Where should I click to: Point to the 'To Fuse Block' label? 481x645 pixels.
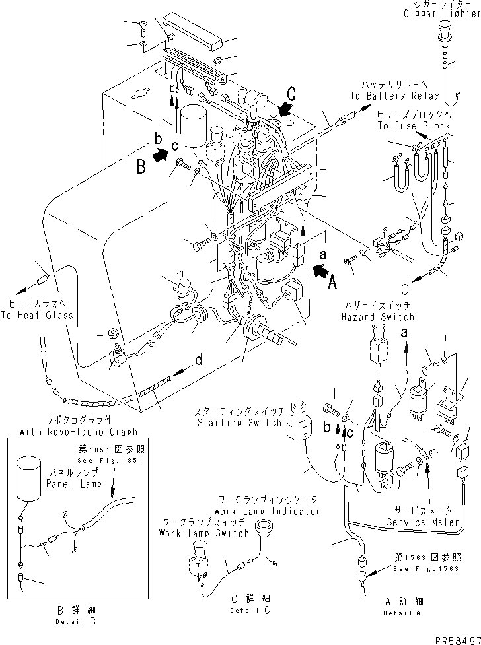(414, 125)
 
